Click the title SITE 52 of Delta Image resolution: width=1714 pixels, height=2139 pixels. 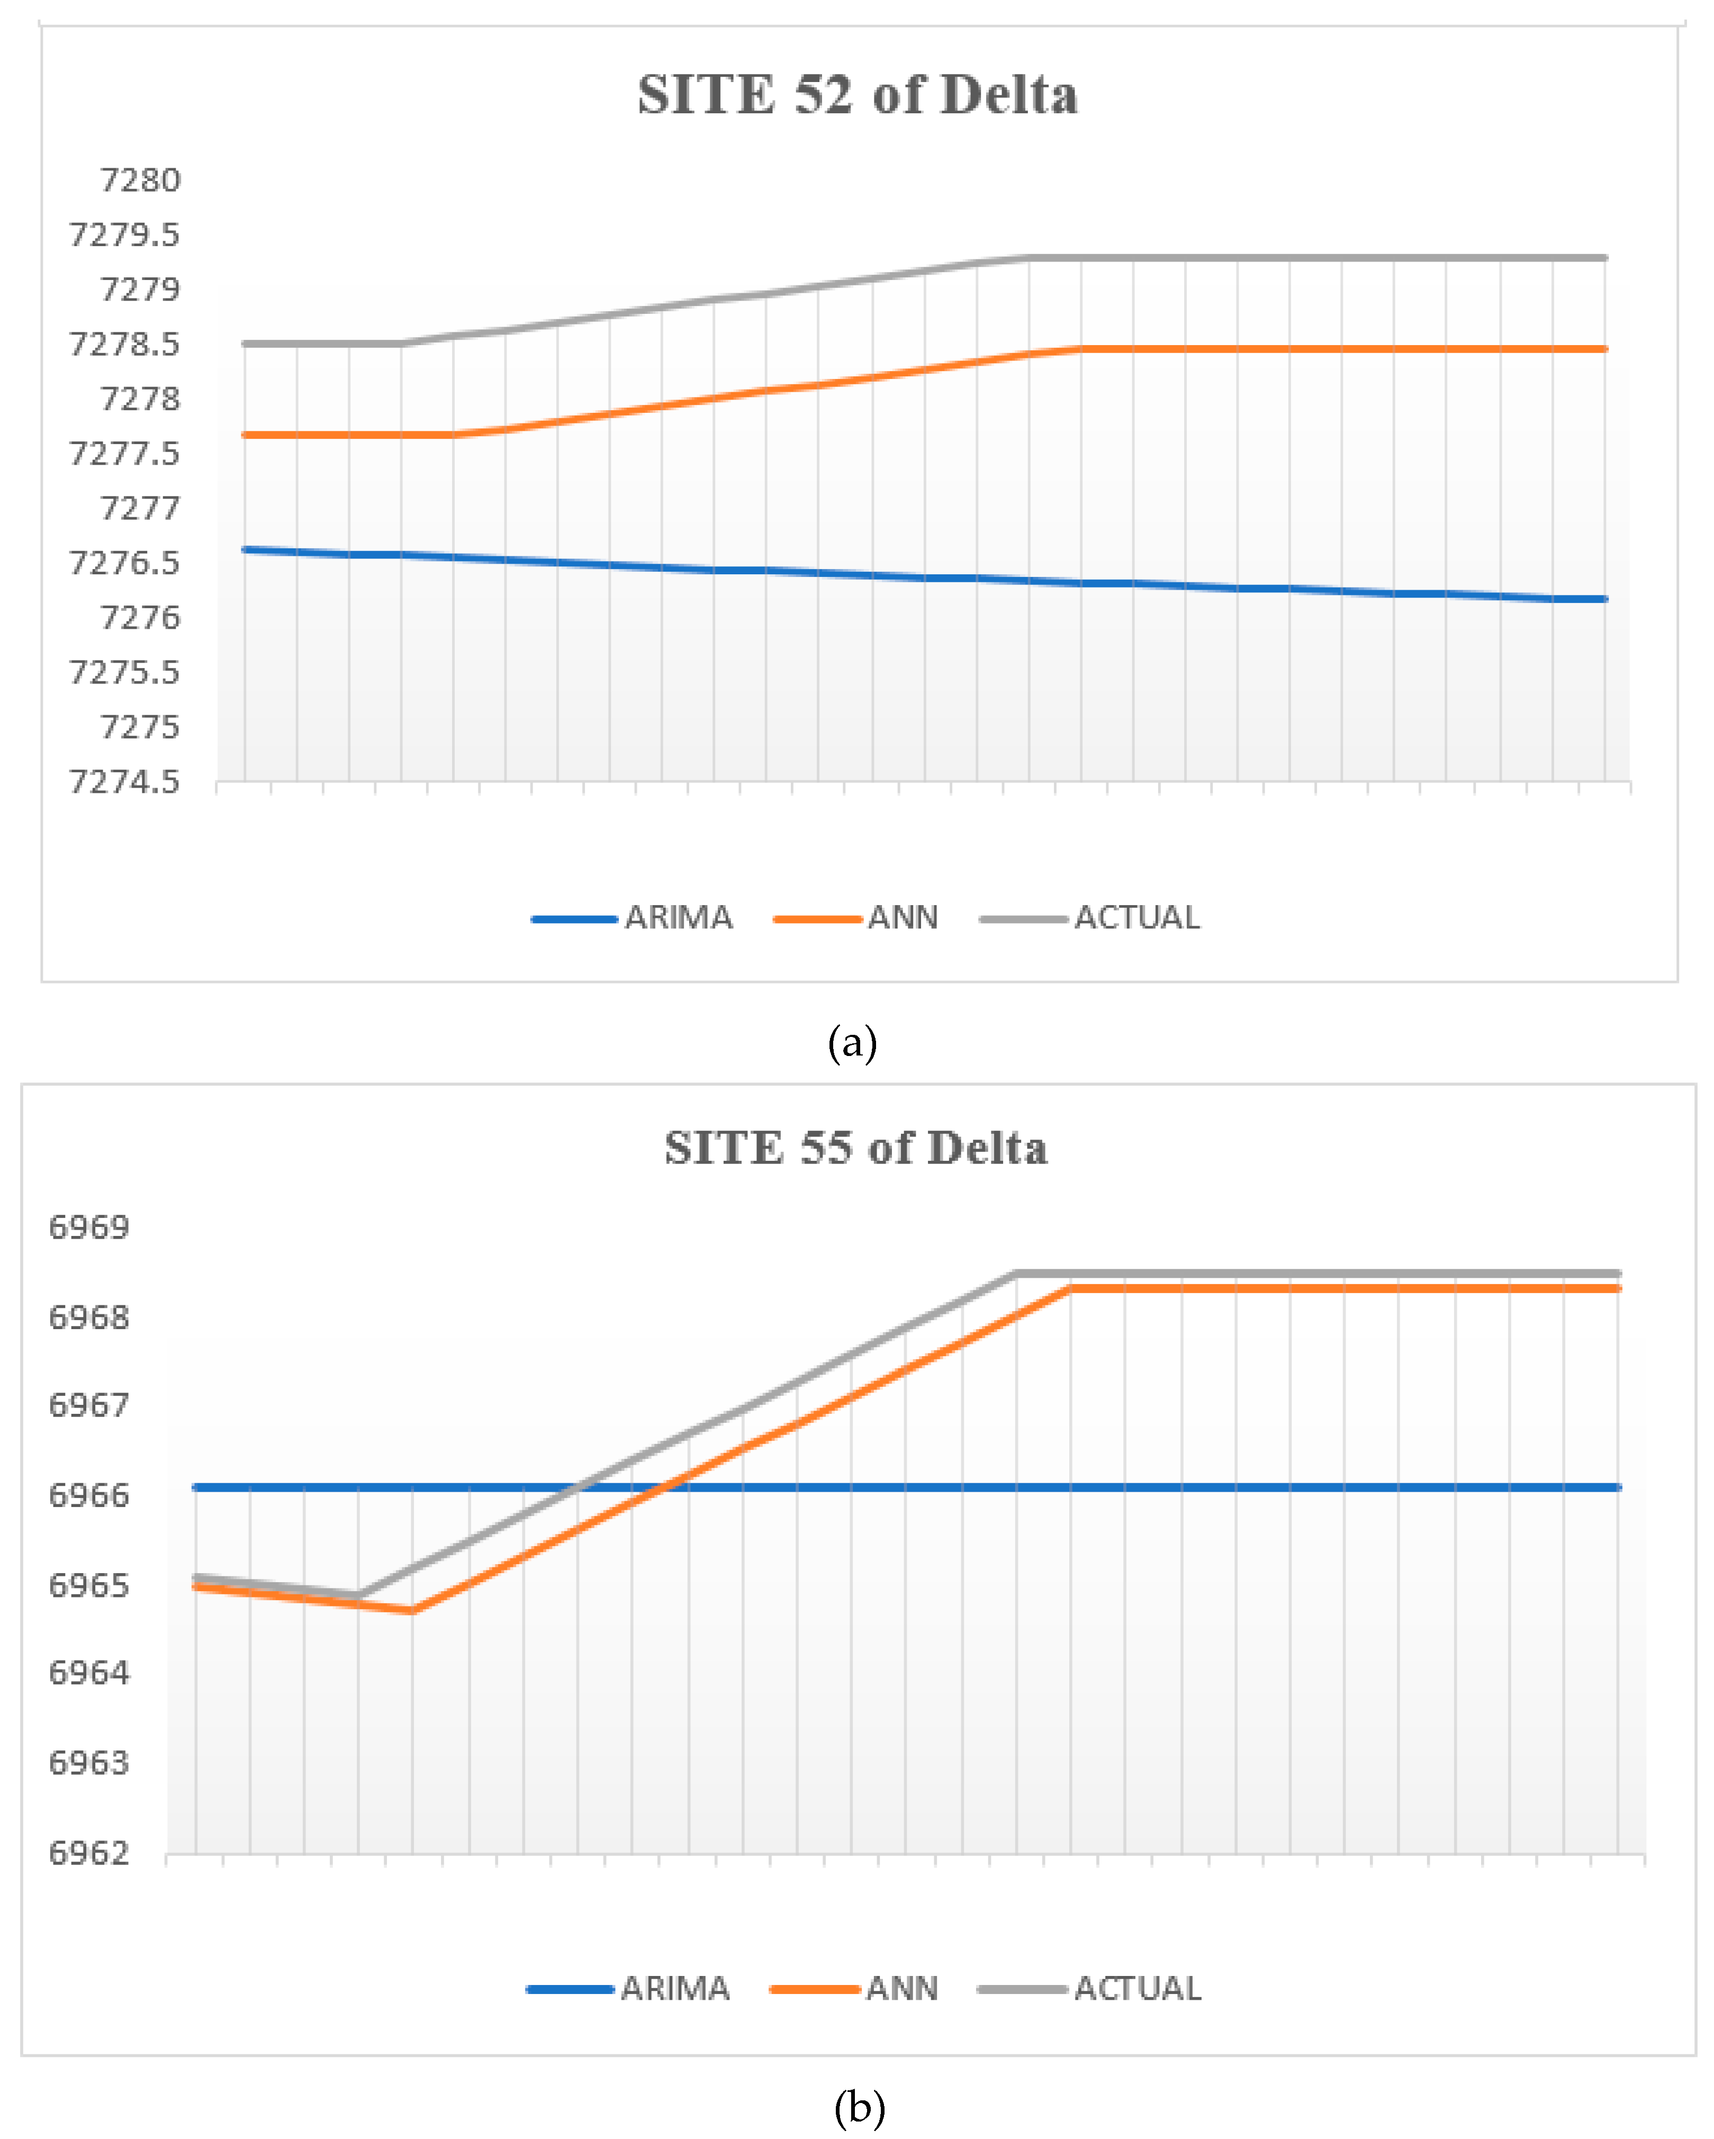[x=857, y=95]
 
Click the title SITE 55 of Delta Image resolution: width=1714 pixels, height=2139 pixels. [x=855, y=1148]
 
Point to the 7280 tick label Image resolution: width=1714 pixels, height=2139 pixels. [x=140, y=180]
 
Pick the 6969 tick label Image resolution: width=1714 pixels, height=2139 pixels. [x=89, y=1228]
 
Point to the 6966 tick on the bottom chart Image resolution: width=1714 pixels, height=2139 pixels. [x=89, y=1496]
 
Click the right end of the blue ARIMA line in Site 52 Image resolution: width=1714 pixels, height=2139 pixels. [x=1604, y=599]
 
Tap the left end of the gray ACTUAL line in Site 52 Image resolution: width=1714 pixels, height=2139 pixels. [x=245, y=344]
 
